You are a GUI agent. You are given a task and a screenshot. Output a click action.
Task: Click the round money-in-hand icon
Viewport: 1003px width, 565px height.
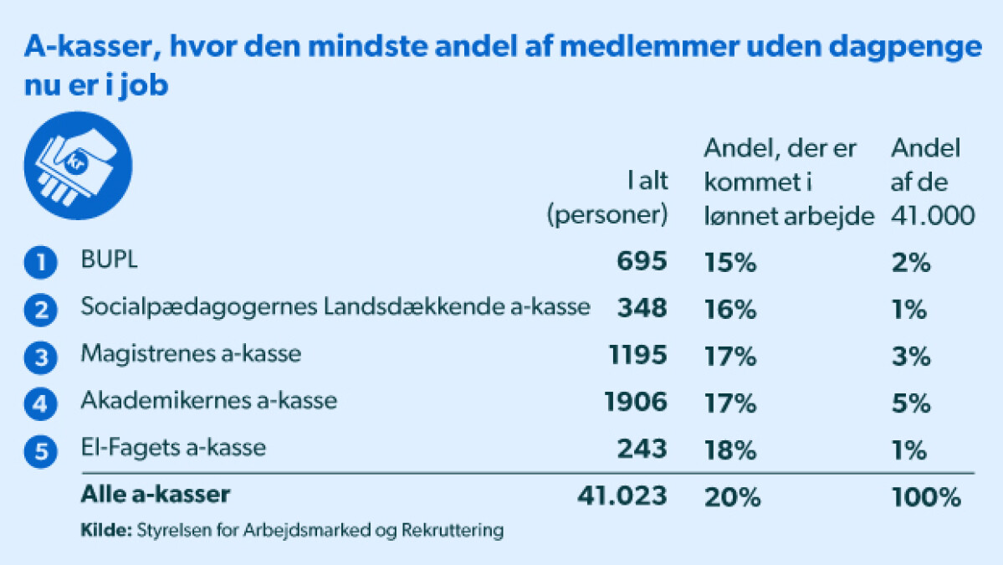[78, 166]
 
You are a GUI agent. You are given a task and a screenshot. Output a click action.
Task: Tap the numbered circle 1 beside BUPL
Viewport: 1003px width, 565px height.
[40, 262]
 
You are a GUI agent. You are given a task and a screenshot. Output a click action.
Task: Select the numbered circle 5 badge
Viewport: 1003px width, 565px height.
[40, 451]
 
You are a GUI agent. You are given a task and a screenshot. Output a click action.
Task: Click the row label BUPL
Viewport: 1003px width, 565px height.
[109, 259]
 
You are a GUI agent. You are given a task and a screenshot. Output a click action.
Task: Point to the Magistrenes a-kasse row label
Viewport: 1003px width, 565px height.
[191, 353]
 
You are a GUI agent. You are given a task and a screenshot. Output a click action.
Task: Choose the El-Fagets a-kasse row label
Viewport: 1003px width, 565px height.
[172, 447]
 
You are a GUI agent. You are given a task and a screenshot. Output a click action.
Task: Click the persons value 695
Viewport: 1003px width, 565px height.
[642, 261]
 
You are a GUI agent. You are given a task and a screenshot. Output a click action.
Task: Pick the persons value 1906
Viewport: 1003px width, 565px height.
[635, 402]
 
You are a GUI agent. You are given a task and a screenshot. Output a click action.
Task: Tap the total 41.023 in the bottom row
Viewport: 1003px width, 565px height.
[622, 496]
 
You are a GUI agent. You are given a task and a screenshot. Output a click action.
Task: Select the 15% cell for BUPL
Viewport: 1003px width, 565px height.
[729, 262]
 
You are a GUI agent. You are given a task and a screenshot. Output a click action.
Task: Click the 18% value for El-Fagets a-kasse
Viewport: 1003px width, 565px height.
[729, 450]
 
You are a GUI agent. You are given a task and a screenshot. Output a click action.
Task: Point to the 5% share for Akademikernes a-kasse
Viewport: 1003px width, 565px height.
[910, 403]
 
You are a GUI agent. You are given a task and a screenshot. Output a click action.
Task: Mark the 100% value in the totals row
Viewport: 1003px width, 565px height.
[925, 497]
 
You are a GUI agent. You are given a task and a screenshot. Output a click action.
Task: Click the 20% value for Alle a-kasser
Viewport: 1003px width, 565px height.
[733, 497]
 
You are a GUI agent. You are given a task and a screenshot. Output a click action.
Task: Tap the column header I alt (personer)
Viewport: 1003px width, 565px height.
[607, 197]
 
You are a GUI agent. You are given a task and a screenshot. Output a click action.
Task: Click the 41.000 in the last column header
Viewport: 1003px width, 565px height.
[933, 216]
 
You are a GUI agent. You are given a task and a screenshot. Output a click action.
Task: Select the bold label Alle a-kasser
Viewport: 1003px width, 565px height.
[155, 494]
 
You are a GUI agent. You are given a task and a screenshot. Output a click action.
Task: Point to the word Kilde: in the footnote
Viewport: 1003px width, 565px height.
[105, 531]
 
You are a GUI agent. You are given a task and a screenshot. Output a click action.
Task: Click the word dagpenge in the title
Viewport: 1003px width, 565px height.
[905, 48]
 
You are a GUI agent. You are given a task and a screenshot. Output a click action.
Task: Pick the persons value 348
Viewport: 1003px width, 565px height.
[642, 308]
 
